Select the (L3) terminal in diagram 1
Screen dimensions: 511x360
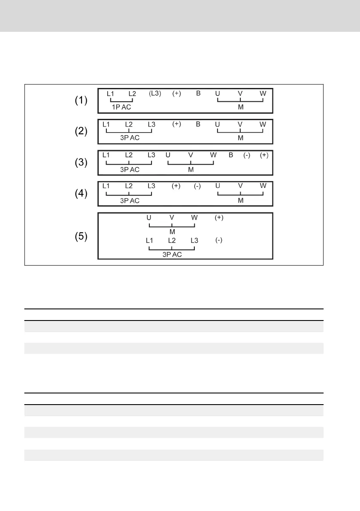(x=155, y=93)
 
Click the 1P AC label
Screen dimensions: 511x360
(x=121, y=107)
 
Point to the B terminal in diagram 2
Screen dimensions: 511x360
(x=198, y=124)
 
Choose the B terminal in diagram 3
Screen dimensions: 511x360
(x=230, y=155)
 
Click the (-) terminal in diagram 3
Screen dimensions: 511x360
(x=247, y=155)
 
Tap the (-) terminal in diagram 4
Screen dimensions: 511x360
(x=197, y=186)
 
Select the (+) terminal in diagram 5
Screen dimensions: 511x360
(x=219, y=218)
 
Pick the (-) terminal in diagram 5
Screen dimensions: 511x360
(x=218, y=240)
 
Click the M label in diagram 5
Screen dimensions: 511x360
(x=172, y=232)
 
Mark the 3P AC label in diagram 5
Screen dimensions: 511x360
(x=172, y=255)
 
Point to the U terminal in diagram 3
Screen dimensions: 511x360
(x=168, y=155)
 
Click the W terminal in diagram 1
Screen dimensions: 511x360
(x=263, y=93)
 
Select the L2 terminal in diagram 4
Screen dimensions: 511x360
(x=129, y=186)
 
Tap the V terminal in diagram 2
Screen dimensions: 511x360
(x=240, y=124)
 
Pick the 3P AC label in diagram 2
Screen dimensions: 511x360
(x=130, y=138)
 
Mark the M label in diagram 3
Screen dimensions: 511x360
(x=191, y=169)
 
